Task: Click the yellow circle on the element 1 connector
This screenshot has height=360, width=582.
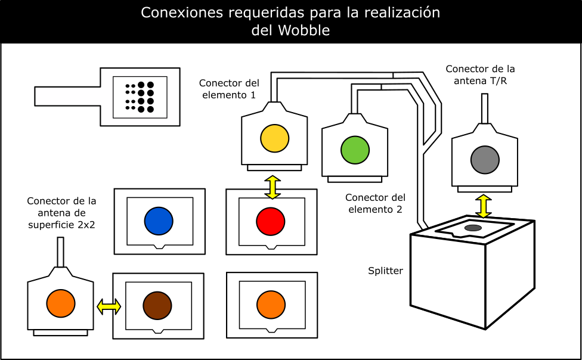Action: click(x=275, y=138)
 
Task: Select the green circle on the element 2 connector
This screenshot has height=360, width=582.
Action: click(x=355, y=150)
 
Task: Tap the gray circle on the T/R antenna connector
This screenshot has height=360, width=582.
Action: click(x=485, y=160)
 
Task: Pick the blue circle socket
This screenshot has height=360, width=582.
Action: click(x=159, y=221)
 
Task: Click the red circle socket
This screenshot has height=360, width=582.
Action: click(x=271, y=222)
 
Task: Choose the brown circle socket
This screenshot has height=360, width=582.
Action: click(x=157, y=305)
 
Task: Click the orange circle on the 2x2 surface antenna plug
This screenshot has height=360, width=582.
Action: click(x=61, y=303)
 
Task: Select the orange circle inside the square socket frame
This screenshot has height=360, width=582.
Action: click(x=271, y=305)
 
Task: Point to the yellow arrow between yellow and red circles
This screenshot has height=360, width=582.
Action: click(x=273, y=187)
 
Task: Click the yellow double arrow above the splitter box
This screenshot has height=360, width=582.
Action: click(x=484, y=206)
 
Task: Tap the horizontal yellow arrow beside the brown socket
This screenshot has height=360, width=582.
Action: click(x=109, y=307)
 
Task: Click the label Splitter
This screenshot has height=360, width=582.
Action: click(x=385, y=271)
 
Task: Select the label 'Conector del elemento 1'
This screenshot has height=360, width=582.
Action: click(x=229, y=89)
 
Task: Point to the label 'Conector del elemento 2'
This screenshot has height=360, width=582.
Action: click(x=375, y=203)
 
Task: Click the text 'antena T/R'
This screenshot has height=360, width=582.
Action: click(x=480, y=81)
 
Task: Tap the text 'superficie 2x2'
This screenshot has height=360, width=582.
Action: click(x=61, y=225)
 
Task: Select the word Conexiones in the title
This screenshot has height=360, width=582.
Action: click(x=182, y=13)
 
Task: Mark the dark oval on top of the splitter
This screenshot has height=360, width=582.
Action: click(x=473, y=228)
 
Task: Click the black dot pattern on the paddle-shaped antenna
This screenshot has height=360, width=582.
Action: click(x=140, y=97)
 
